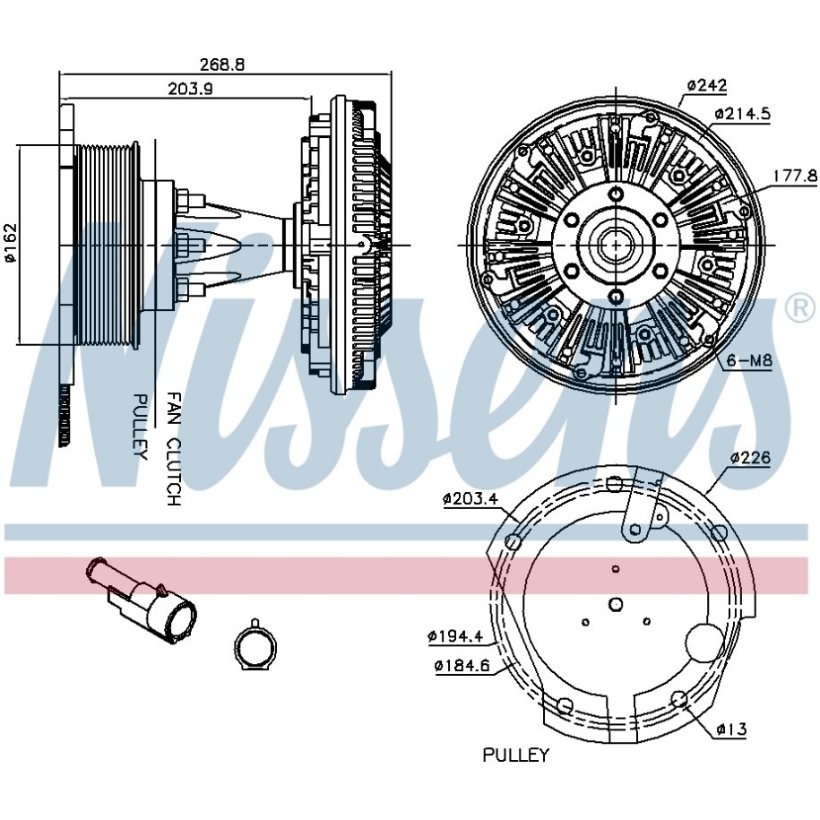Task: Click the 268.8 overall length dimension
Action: click(x=222, y=65)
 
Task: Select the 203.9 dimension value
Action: click(x=190, y=89)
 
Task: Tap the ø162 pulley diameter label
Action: click(x=10, y=243)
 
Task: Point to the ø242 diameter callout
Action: click(x=707, y=85)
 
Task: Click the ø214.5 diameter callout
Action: click(x=743, y=114)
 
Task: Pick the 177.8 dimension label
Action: click(x=796, y=176)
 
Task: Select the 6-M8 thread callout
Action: click(x=749, y=361)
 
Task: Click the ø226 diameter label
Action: click(x=750, y=458)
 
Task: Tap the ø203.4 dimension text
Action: click(x=470, y=498)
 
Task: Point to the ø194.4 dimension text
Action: click(x=455, y=636)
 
